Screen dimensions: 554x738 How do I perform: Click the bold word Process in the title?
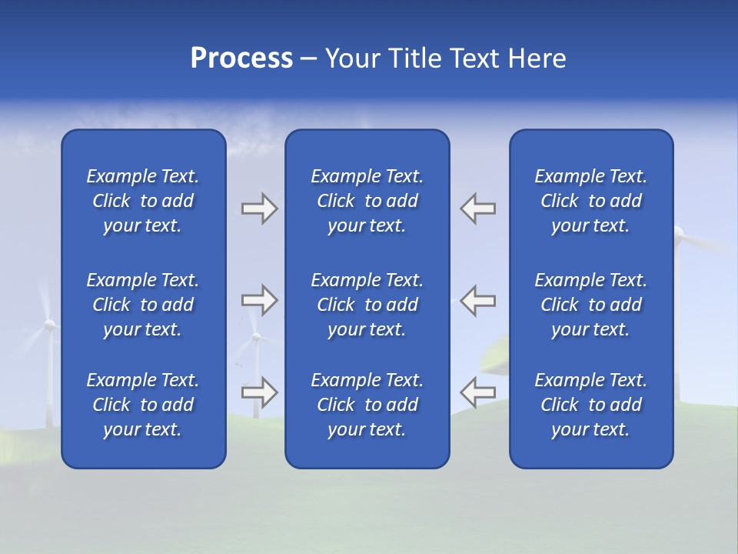coord(241,58)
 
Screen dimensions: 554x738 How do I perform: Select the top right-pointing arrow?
coord(259,209)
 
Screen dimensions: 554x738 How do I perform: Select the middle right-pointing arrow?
coord(259,300)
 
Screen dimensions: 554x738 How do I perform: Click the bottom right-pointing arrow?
coord(259,392)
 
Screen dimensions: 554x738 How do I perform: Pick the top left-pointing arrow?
coord(478,209)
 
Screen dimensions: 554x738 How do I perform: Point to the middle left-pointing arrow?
coord(478,300)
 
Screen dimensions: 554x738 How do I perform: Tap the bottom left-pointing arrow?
coord(478,392)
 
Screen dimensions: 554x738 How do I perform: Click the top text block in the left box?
coord(143,201)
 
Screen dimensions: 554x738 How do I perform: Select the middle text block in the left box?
coord(143,305)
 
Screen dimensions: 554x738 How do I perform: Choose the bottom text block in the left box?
coord(143,405)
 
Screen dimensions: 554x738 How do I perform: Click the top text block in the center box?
coord(367,201)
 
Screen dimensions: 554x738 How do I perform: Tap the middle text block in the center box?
coord(367,305)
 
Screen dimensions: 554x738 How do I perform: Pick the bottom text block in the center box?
coord(367,405)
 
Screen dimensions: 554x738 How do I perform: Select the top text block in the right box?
coord(591,201)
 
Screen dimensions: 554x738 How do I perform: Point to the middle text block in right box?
coord(591,305)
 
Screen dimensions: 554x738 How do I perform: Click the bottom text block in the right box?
coord(591,405)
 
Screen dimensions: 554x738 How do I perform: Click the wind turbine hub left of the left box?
coord(49,325)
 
